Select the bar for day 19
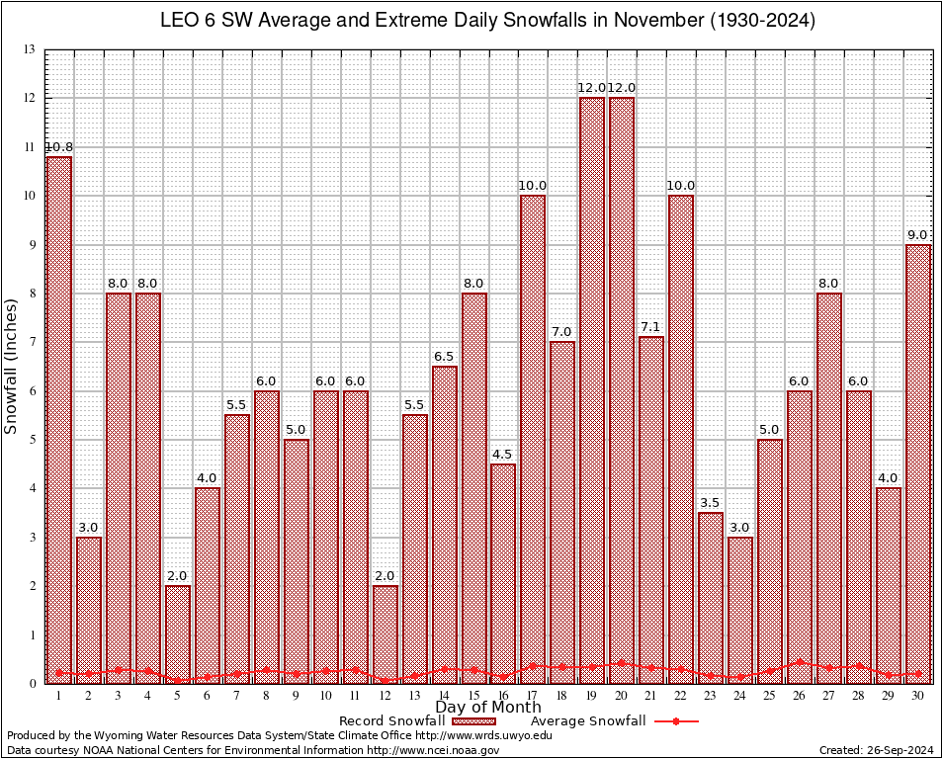click(592, 390)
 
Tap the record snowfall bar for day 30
click(918, 464)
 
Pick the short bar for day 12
click(386, 633)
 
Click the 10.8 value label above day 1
click(58, 147)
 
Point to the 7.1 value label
click(651, 327)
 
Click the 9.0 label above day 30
click(918, 235)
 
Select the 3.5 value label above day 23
click(711, 503)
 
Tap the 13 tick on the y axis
click(30, 49)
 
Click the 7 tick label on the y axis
click(33, 342)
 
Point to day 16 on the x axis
click(503, 696)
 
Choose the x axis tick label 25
click(770, 696)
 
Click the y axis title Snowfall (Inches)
click(11, 366)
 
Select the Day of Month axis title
click(488, 708)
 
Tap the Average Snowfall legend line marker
click(676, 721)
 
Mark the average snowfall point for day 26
click(800, 662)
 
